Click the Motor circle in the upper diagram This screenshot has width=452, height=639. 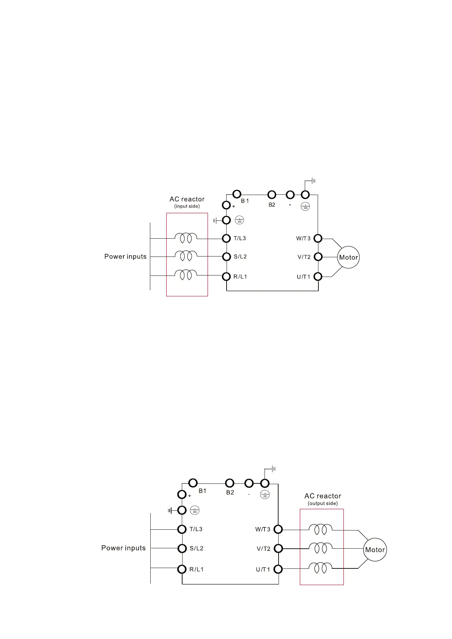coord(348,257)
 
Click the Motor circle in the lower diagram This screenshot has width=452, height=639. coord(375,549)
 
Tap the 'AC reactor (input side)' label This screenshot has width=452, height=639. coord(187,202)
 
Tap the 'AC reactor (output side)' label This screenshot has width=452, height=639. coord(323,499)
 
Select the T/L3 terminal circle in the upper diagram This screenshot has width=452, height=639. coord(227,238)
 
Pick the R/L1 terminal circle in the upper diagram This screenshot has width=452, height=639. coord(227,276)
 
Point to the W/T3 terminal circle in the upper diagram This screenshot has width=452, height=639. coord(318,238)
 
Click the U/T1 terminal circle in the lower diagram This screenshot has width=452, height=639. coord(278,569)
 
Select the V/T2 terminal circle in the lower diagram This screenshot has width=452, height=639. coord(278,548)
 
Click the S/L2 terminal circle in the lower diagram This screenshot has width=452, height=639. coord(182,548)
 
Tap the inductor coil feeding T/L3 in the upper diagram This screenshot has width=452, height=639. coord(186,238)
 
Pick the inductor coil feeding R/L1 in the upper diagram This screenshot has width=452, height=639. coord(186,274)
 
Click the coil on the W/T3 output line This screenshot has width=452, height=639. coord(320,529)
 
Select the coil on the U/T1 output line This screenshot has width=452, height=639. coord(320,568)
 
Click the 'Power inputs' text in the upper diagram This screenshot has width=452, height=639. coord(125,257)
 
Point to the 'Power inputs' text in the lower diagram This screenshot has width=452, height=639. coord(123,548)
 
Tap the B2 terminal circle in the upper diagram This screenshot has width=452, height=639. coord(272,195)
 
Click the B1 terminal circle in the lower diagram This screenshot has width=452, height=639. coord(193,483)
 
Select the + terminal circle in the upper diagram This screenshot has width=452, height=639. coord(227,205)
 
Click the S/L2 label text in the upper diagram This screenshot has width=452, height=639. coord(240,257)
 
